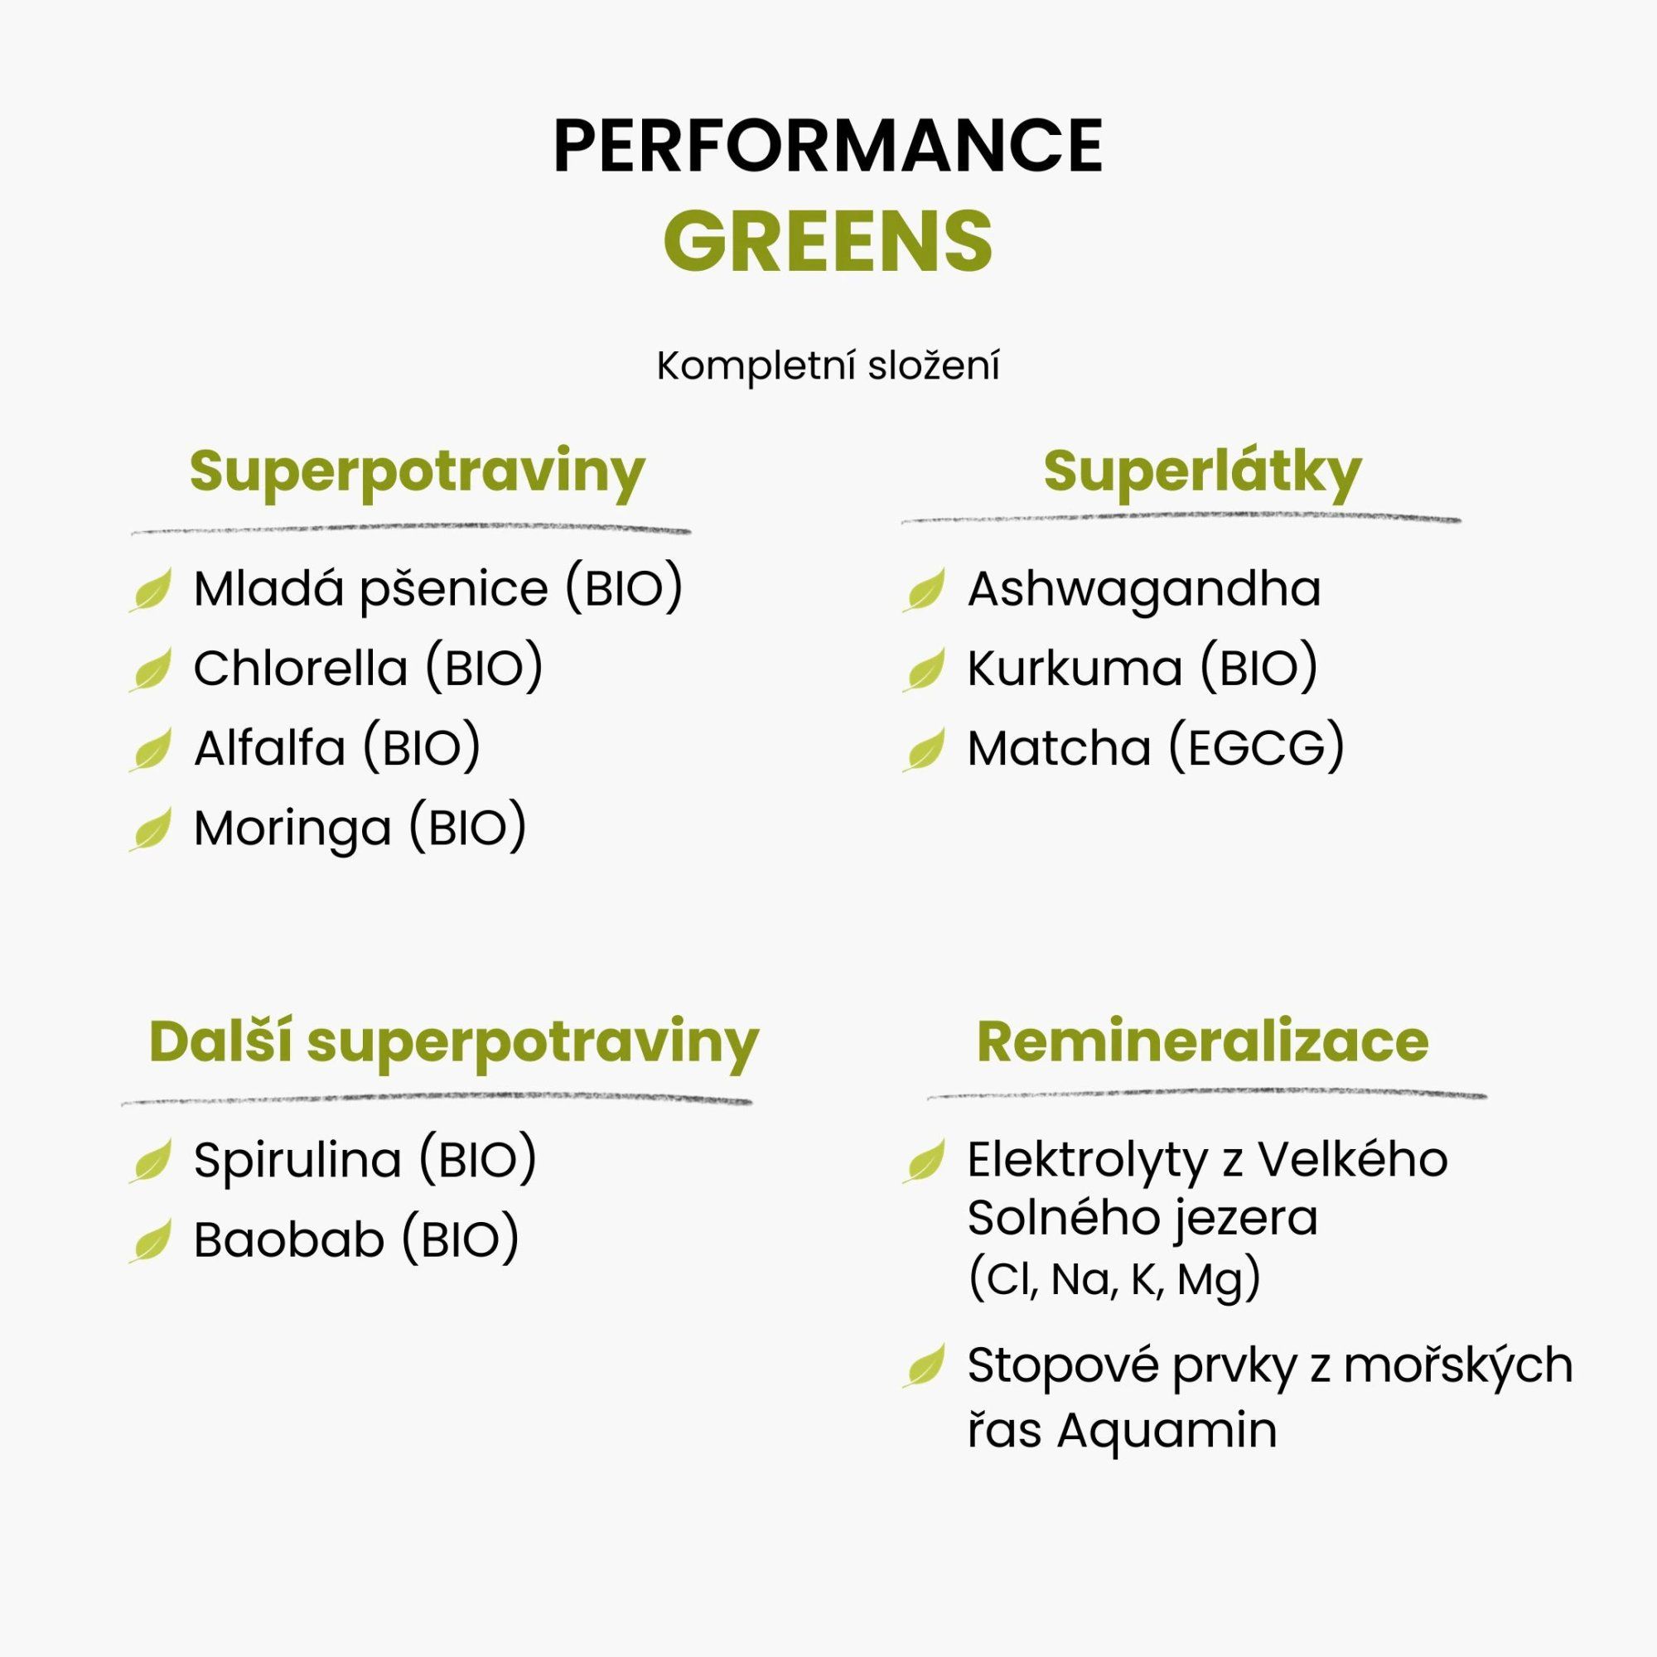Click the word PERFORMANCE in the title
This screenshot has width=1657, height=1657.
pos(828,146)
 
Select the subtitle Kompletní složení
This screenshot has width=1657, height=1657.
pos(828,366)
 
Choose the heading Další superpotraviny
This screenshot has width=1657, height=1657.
pos(454,1044)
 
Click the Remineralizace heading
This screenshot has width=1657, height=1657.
pos(1202,1042)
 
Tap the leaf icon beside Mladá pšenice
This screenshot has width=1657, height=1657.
pos(150,590)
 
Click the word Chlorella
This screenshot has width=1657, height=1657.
pos(300,668)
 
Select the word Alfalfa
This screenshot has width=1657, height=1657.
pos(269,748)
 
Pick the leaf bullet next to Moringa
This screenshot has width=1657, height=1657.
pos(150,829)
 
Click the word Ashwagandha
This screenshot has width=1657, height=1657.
pos(1144,589)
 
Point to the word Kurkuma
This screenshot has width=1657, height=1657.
pos(1075,668)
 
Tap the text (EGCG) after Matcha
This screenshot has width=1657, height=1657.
pos(1257,748)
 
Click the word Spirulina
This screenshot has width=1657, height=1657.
pos(297,1161)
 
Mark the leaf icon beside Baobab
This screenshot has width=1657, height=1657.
pos(150,1241)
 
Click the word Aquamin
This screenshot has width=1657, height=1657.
pos(1167,1431)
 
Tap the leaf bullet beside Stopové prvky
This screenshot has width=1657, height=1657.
pos(924,1366)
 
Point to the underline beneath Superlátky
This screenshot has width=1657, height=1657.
pos(1180,519)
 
